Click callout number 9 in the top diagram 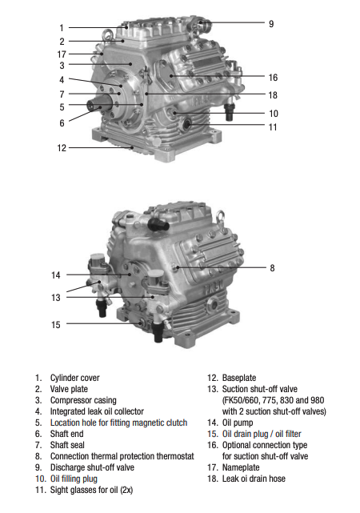point(271,24)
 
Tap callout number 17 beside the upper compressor point(62,54)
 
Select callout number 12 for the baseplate point(62,148)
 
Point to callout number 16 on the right point(273,78)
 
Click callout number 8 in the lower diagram point(272,268)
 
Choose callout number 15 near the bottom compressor point(55,325)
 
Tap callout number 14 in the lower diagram point(55,275)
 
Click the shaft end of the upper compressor point(94,106)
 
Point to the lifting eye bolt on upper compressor point(107,34)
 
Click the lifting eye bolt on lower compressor point(220,215)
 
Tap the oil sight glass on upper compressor point(187,124)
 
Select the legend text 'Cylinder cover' point(75,378)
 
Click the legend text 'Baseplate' point(239,378)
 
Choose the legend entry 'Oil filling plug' point(74,479)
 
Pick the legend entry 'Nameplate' point(241,467)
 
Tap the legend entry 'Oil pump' point(238,423)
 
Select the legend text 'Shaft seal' point(67,445)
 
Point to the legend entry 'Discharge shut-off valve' point(92,467)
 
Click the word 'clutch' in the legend point(177,423)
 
